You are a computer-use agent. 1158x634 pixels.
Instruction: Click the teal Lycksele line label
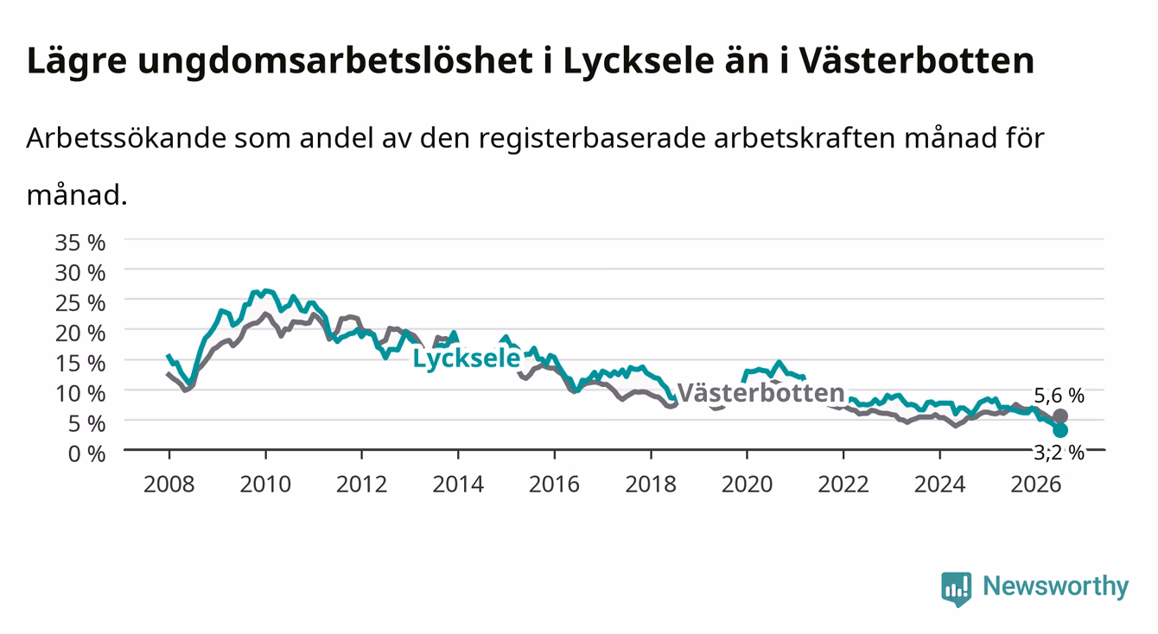coord(467,358)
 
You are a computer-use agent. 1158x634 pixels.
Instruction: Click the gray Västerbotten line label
coord(760,393)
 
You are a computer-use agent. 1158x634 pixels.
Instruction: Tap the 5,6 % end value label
coord(1059,396)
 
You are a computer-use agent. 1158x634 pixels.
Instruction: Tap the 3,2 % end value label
coord(1059,453)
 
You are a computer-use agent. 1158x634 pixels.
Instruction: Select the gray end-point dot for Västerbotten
coord(1059,416)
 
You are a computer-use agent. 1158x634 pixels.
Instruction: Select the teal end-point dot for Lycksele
coord(1059,430)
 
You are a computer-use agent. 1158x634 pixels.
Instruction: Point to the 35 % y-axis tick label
coord(80,243)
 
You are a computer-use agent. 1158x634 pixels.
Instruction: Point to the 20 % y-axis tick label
coord(80,333)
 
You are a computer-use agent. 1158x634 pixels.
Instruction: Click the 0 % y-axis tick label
coord(86,453)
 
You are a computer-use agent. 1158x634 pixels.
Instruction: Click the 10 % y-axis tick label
coord(80,394)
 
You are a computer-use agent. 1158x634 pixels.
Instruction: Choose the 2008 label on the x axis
coord(169,485)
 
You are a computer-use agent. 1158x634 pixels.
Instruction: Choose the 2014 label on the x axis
coord(458,485)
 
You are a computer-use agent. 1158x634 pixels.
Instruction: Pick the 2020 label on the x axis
coord(747,485)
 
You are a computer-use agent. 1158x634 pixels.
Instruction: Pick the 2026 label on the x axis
coord(1036,485)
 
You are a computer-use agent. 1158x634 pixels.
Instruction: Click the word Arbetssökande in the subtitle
coord(126,138)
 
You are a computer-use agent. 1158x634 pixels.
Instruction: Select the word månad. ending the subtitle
coord(77,195)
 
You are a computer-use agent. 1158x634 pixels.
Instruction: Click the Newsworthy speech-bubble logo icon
coord(957,588)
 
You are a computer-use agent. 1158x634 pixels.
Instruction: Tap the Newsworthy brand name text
coord(1056,586)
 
